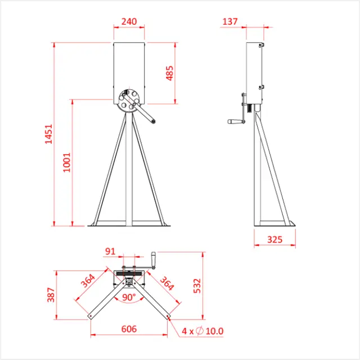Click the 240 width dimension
[129, 21]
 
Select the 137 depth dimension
[231, 21]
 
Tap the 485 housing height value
[170, 73]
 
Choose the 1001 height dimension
[67, 162]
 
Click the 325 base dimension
[274, 240]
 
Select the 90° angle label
[129, 297]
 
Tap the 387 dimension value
[51, 294]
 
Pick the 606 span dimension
[129, 330]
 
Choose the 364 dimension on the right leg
[167, 282]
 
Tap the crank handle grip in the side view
[233, 121]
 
